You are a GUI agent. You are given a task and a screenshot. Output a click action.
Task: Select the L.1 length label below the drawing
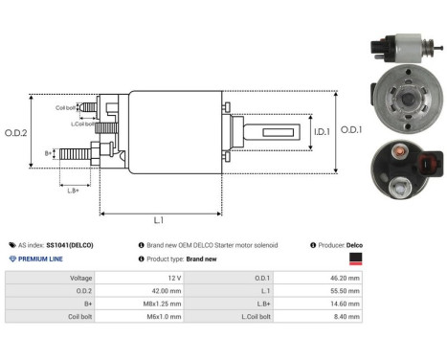pos(159,220)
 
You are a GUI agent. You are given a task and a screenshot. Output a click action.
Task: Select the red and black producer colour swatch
pos(356,259)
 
